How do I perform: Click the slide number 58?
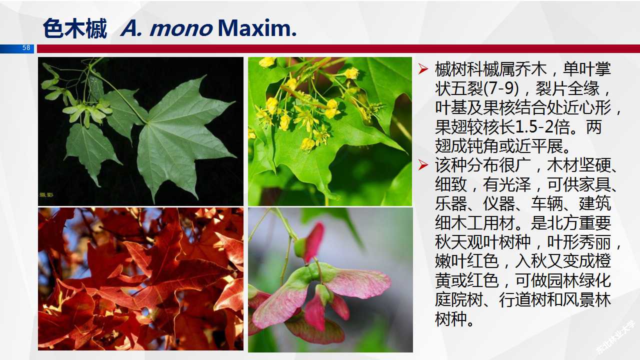click(x=26, y=48)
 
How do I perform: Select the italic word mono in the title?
click(x=180, y=28)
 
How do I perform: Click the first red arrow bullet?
click(x=423, y=69)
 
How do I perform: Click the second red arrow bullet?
click(x=423, y=165)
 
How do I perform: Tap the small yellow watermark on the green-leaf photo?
click(x=46, y=193)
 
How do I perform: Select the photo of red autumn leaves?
click(x=140, y=279)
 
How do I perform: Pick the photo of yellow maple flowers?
click(x=330, y=131)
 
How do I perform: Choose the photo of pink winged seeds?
click(x=330, y=280)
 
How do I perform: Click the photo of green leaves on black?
click(x=140, y=131)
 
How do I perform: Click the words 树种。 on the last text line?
click(x=455, y=319)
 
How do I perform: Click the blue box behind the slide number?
click(x=15, y=48)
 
